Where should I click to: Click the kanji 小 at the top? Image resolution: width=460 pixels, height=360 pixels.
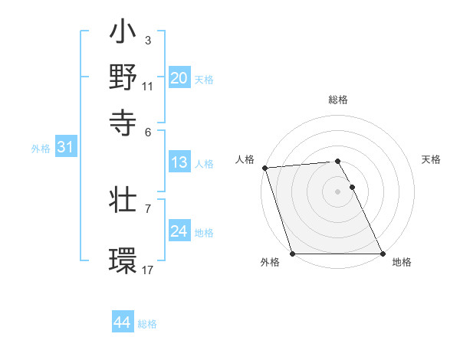pyautogui.click(x=123, y=34)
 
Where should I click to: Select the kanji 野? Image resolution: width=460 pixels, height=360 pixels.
pyautogui.click(x=123, y=77)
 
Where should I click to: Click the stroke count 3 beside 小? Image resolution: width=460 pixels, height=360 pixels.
pyautogui.click(x=147, y=40)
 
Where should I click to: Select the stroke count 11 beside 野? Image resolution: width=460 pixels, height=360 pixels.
pyautogui.click(x=147, y=86)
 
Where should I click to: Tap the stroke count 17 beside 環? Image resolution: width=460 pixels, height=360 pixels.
pyautogui.click(x=147, y=270)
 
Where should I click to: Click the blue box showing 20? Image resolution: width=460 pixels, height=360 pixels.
pyautogui.click(x=179, y=78)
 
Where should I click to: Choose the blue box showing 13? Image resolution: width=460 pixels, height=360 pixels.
pyautogui.click(x=179, y=162)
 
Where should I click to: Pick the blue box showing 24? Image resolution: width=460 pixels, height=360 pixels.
pyautogui.click(x=179, y=231)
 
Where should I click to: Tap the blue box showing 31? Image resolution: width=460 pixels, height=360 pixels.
pyautogui.click(x=65, y=147)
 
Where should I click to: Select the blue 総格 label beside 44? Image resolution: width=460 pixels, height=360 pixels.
pyautogui.click(x=147, y=324)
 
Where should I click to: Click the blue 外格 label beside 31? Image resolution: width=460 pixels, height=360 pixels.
pyautogui.click(x=41, y=149)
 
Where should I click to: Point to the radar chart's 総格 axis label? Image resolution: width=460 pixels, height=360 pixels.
pyautogui.click(x=337, y=100)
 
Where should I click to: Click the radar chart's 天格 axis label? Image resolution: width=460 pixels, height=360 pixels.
pyautogui.click(x=432, y=159)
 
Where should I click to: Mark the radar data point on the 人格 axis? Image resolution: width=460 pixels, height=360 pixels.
pyautogui.click(x=264, y=168)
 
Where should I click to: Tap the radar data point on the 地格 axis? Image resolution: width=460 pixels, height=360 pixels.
pyautogui.click(x=383, y=254)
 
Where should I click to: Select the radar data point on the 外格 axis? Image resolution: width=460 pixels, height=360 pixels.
pyautogui.click(x=292, y=254)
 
